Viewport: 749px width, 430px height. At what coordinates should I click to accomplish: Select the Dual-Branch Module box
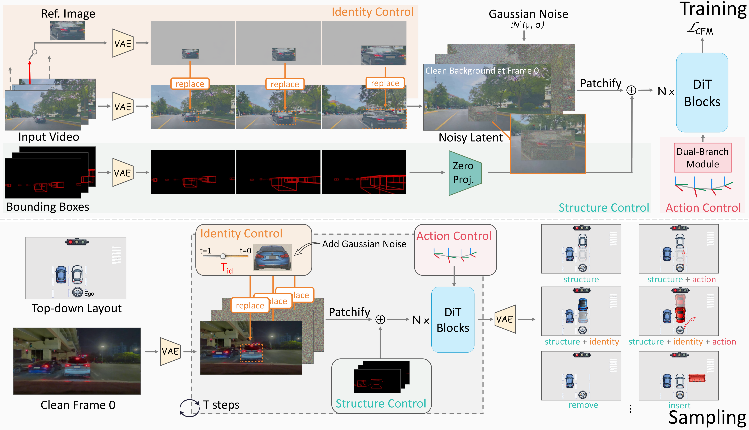pyautogui.click(x=702, y=158)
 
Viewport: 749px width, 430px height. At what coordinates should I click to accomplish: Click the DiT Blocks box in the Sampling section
pyautogui.click(x=453, y=320)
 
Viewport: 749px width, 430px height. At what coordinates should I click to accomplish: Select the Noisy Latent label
pyautogui.click(x=470, y=138)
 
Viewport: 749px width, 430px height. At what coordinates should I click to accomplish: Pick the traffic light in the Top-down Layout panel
pyautogui.click(x=77, y=242)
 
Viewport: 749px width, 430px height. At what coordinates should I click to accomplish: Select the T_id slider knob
pyautogui.click(x=223, y=256)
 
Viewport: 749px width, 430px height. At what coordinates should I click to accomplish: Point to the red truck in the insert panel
pyautogui.click(x=697, y=378)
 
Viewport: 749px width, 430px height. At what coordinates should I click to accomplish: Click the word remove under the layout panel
pyautogui.click(x=583, y=405)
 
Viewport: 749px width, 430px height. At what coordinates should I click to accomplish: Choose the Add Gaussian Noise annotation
pyautogui.click(x=364, y=244)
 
